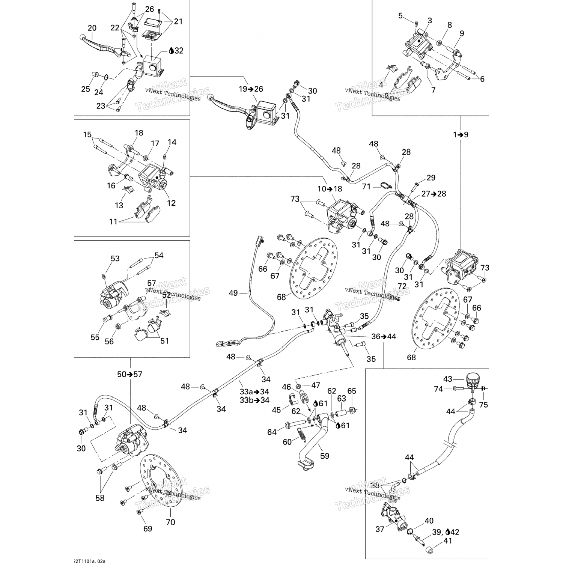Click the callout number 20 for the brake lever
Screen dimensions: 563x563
point(92,28)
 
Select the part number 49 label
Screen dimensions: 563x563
point(233,293)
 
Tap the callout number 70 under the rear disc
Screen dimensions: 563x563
point(170,522)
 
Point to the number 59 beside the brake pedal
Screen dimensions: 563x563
point(325,456)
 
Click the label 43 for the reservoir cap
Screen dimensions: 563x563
point(448,379)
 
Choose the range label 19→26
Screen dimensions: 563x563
point(251,89)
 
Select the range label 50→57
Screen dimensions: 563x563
point(129,374)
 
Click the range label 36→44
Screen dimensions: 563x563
point(383,336)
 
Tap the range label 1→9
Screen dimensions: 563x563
point(460,134)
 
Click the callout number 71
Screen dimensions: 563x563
point(366,187)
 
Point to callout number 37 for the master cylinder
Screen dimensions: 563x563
point(380,529)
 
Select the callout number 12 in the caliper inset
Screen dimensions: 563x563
point(171,203)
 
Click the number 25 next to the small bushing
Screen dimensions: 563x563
point(86,89)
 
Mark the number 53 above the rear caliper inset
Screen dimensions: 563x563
point(115,258)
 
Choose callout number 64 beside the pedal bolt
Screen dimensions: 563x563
point(272,432)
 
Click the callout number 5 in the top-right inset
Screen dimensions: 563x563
point(400,15)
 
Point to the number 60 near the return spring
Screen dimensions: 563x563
point(287,442)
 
